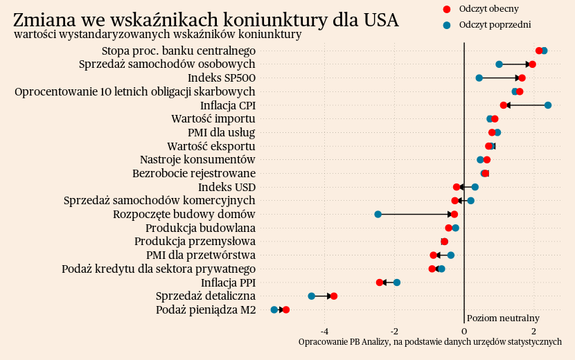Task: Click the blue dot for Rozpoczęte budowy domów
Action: [x=378, y=215]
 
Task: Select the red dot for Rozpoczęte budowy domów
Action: [x=454, y=215]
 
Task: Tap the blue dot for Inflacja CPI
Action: [x=548, y=105]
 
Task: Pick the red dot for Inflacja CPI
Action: [x=504, y=105]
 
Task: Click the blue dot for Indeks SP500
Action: [x=479, y=78]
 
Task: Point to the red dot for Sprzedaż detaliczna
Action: [x=334, y=296]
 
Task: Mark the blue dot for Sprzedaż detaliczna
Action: [x=311, y=296]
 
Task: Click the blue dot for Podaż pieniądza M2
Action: [x=274, y=310]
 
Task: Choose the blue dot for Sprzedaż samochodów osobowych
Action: [x=499, y=64]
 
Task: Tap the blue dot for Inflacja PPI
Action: [x=397, y=282]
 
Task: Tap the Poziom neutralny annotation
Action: [x=503, y=318]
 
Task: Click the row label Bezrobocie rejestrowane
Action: [x=194, y=173]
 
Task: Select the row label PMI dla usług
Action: [x=221, y=132]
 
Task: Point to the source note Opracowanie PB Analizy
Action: [x=430, y=342]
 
